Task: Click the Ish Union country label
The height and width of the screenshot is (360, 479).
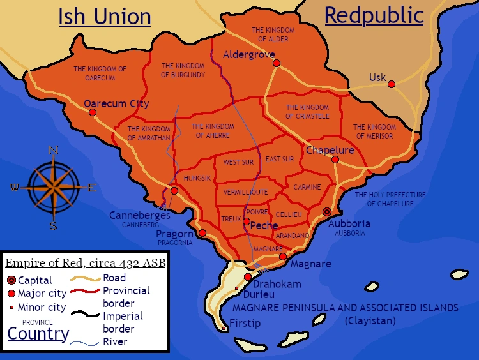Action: point(105,17)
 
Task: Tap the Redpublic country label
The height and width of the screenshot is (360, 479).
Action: point(374,15)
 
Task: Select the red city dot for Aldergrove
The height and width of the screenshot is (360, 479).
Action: point(277,63)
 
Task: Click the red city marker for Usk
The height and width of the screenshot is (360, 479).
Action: point(392,84)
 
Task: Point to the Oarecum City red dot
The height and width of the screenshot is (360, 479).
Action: point(93,112)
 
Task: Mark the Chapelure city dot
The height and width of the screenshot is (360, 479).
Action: point(335,160)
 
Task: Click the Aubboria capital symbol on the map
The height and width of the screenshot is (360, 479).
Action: point(327,212)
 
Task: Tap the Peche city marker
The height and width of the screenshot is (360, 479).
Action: point(247,221)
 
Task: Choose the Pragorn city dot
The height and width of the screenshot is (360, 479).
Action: point(202,233)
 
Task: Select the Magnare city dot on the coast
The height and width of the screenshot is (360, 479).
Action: point(283,257)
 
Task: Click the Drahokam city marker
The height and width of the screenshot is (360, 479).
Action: point(247,277)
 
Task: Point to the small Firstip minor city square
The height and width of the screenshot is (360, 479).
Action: point(224,329)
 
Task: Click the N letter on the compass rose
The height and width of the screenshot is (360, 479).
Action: point(54,151)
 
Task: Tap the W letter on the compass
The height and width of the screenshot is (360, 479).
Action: point(14,188)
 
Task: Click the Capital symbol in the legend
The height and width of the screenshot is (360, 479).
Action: point(11,280)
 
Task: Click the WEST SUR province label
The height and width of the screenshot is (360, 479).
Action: point(238,162)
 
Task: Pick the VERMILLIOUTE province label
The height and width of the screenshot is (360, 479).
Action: point(246,192)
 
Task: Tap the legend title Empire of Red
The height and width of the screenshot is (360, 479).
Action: point(86,263)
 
